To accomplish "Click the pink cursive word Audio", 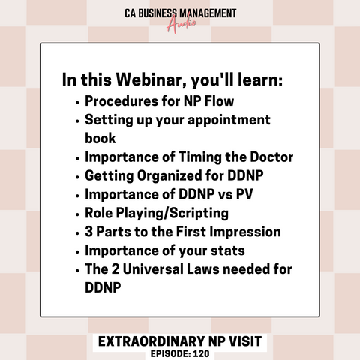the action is coord(181,24).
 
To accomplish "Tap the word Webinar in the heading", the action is coord(151,79).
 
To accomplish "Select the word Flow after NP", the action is coord(219,101).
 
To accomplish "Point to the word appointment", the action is coord(229,121).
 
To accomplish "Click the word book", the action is coord(100,138).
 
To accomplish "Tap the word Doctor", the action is coord(271,157).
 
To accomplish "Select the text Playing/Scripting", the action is coord(172,214).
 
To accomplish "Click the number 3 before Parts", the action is coord(88,232).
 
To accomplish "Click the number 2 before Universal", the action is coord(115,269).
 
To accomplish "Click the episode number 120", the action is coord(201,353).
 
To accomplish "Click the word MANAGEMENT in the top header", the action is coord(208,13).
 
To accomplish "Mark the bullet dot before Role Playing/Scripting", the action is coord(77,214).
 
